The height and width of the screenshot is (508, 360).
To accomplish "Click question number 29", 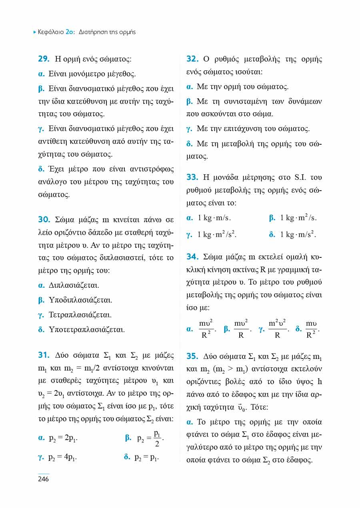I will [x=44, y=59].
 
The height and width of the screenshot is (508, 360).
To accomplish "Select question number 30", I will [x=44, y=219].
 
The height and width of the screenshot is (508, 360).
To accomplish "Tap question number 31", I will [x=43, y=355].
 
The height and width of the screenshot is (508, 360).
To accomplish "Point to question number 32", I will [x=192, y=59].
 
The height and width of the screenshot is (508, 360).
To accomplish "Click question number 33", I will [x=192, y=177].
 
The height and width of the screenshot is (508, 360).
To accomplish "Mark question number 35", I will [x=192, y=355].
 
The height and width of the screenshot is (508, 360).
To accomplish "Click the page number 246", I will [x=43, y=479].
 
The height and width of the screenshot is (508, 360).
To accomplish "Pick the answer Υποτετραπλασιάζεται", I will [x=87, y=330].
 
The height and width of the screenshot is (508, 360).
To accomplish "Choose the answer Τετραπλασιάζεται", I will [x=80, y=315].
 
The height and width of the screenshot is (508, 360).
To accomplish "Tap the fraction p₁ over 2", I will [x=158, y=438].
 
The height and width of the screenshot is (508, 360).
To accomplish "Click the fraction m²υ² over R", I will [x=277, y=329].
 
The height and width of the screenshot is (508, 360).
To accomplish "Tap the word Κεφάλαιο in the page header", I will [x=50, y=32].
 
